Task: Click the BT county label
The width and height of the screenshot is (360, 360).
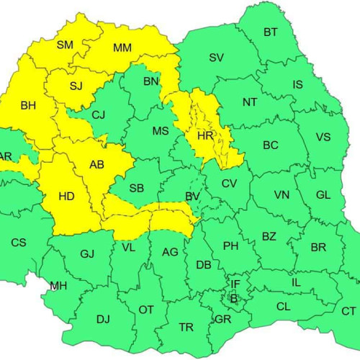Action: tap(271, 32)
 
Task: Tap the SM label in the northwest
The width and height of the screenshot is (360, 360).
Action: tap(65, 45)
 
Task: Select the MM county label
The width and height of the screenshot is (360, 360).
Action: tap(122, 48)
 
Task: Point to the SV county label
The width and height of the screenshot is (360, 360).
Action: tap(216, 58)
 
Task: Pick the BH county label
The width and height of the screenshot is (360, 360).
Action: tap(28, 106)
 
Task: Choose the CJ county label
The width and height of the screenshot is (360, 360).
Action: tap(99, 114)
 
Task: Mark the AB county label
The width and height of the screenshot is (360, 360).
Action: tap(96, 165)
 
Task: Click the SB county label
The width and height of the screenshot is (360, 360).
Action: tap(137, 189)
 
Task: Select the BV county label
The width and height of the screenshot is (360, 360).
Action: tap(192, 196)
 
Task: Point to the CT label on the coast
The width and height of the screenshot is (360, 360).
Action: tap(348, 311)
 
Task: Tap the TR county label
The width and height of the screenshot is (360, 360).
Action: tap(186, 328)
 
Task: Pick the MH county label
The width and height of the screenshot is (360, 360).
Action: tap(58, 286)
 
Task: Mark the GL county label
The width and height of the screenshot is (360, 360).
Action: tap(323, 195)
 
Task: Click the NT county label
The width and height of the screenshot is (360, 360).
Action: tap(249, 102)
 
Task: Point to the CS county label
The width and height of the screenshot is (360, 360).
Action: tap(19, 243)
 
